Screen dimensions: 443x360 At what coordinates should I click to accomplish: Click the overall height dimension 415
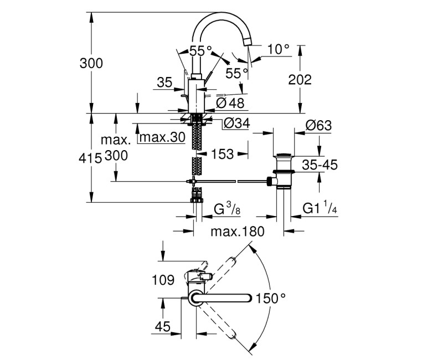[x=90, y=158]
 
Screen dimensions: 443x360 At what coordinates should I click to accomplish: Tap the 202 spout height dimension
[x=300, y=80]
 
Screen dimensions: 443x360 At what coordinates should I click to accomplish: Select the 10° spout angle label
[x=279, y=49]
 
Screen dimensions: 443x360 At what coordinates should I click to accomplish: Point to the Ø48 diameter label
[x=230, y=104]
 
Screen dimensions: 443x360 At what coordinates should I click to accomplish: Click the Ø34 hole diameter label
[x=237, y=123]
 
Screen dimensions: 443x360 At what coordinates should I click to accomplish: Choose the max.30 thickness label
[x=162, y=137]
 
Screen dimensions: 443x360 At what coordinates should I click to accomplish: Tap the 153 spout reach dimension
[x=223, y=155]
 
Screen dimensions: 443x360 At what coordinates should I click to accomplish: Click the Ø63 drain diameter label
[x=318, y=126]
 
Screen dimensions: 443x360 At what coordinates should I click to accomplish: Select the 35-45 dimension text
[x=320, y=164]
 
